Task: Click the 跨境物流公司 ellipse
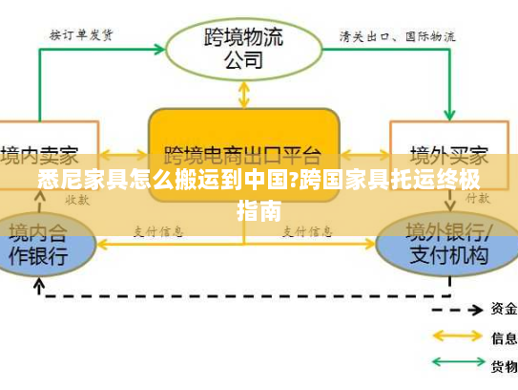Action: pos(243,46)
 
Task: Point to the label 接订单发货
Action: pos(82,35)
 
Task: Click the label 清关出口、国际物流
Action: pos(398,36)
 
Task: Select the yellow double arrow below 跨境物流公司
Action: pos(244,93)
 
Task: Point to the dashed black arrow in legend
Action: pos(459,309)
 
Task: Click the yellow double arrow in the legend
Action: pos(459,336)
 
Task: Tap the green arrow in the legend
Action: pos(459,365)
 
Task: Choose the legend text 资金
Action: pos(504,309)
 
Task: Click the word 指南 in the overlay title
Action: pos(259,209)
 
